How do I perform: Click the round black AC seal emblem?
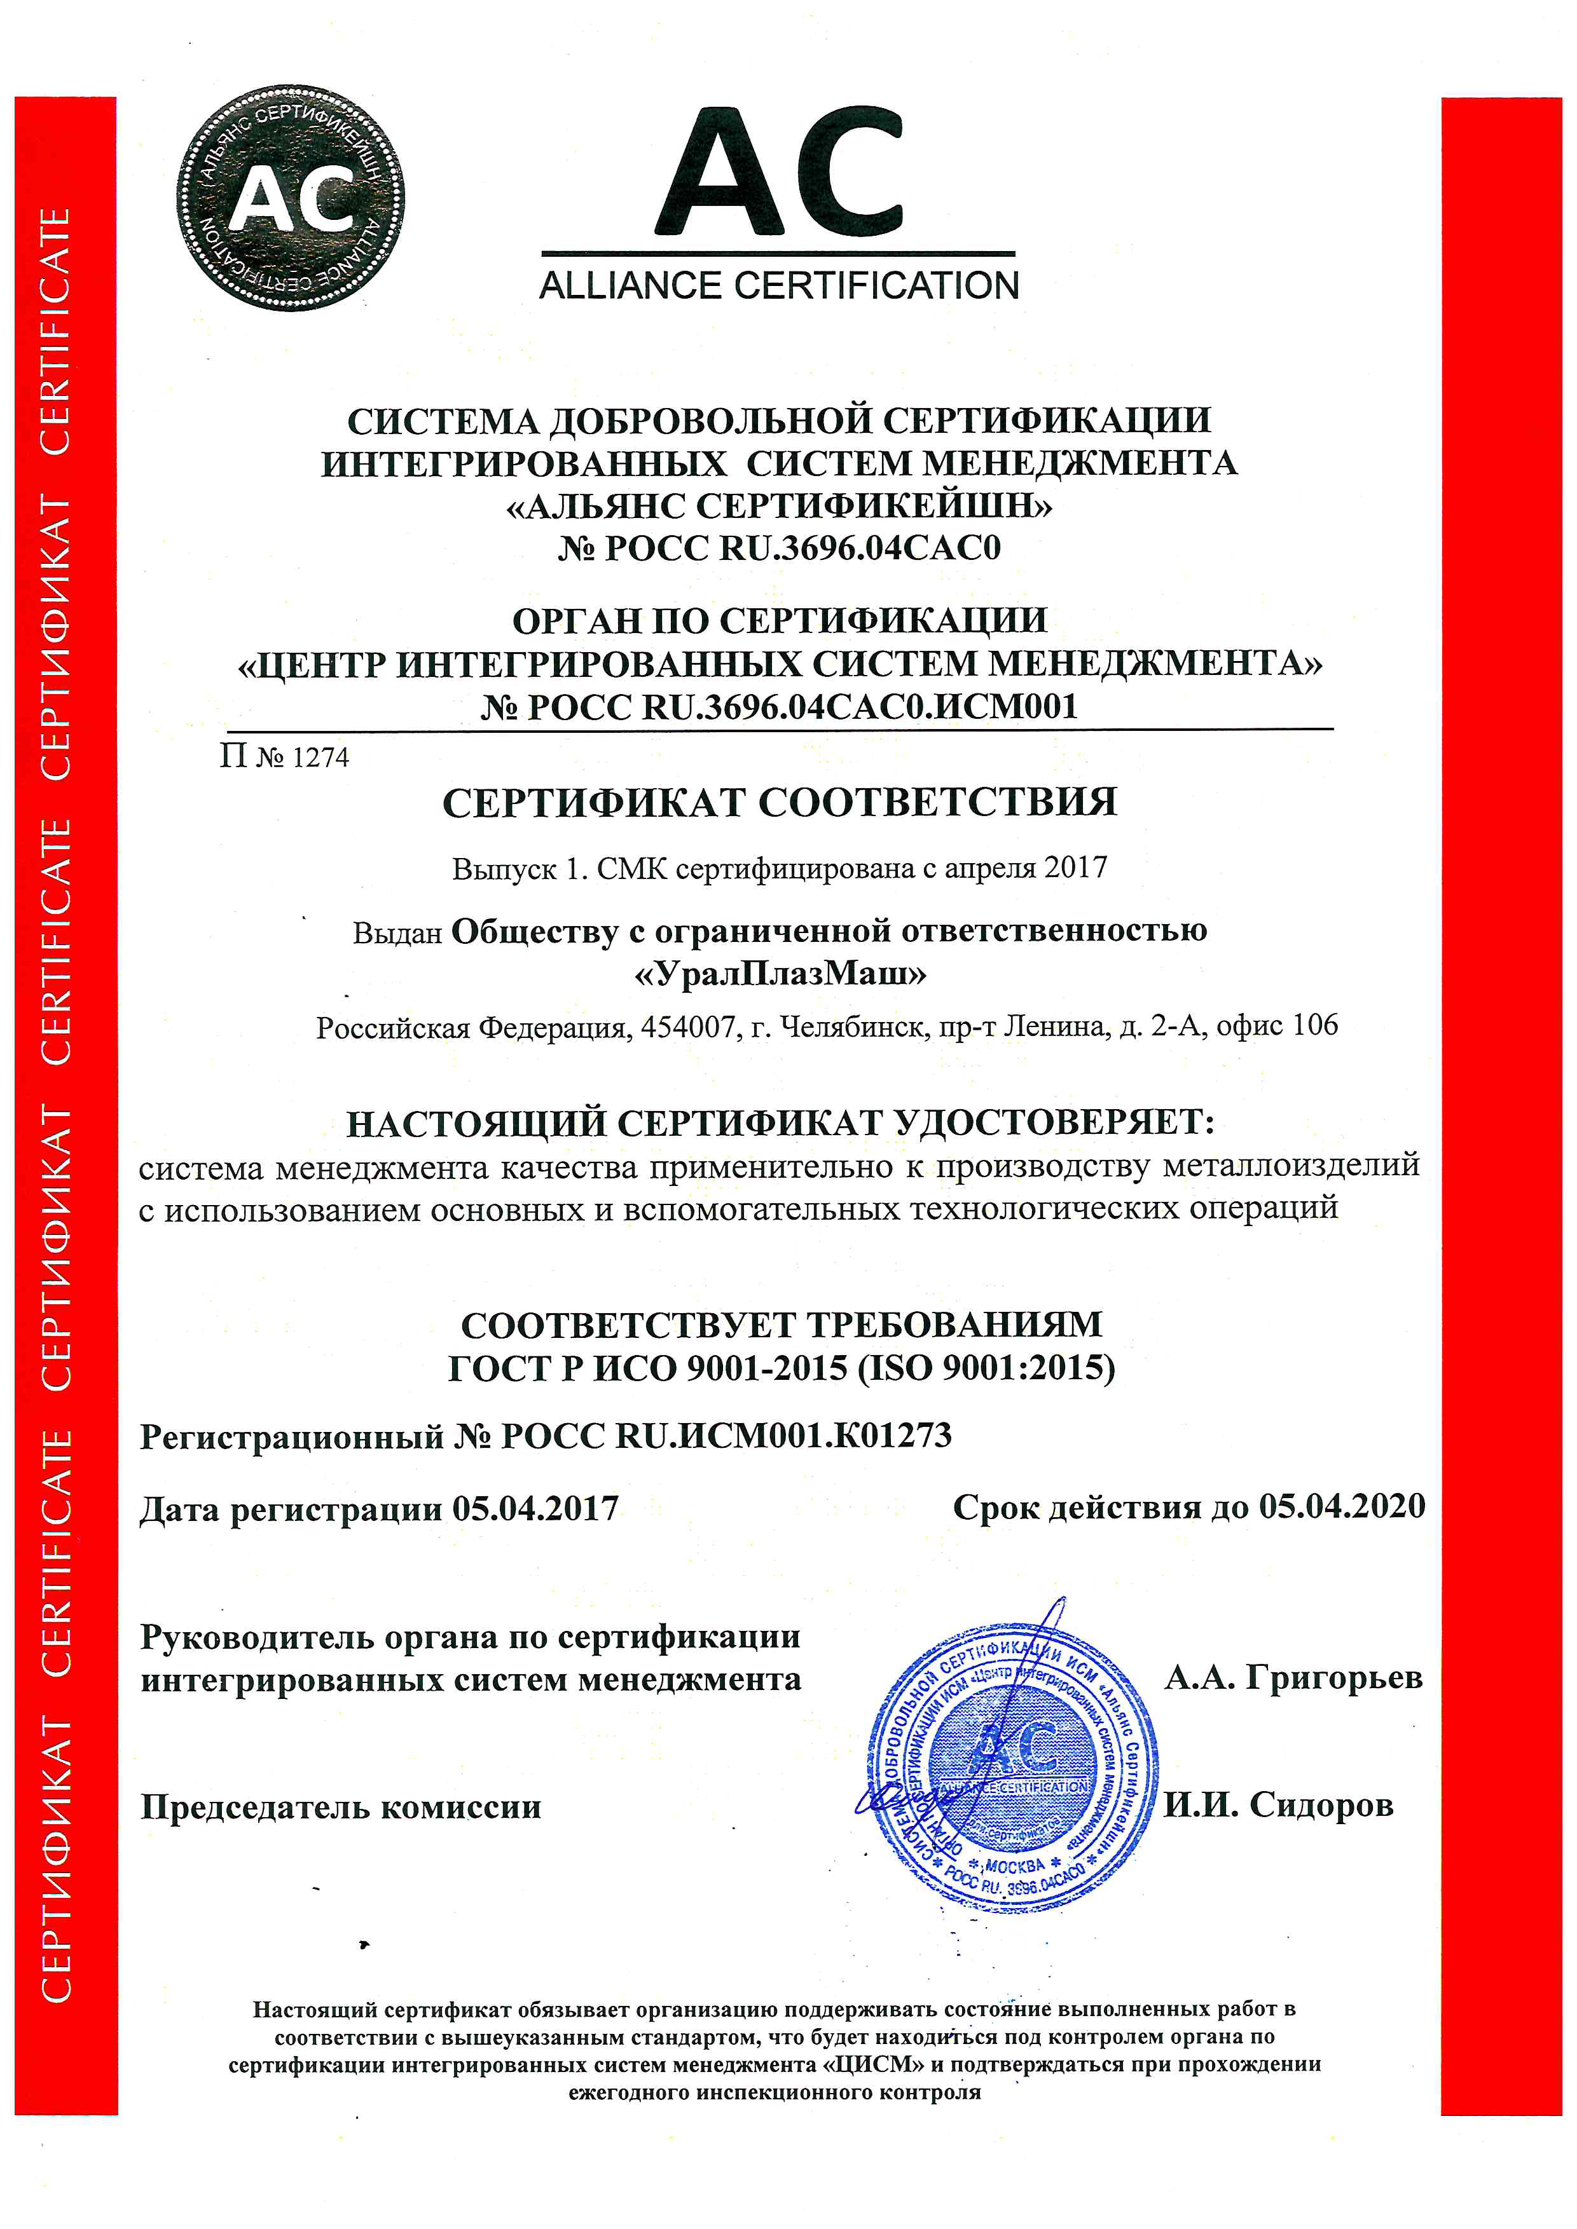[x=291, y=198]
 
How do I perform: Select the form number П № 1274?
[x=284, y=756]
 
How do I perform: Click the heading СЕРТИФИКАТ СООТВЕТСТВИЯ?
[x=780, y=803]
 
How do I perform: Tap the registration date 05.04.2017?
[x=535, y=1509]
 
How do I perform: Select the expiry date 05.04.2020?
[x=1342, y=1506]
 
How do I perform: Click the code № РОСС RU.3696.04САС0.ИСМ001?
[x=780, y=707]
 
